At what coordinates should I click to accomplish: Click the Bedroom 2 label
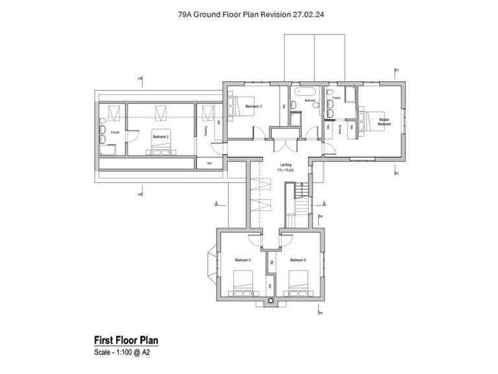click(x=160, y=137)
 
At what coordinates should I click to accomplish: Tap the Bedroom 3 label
click(x=253, y=106)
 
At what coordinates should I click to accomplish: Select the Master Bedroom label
click(x=384, y=121)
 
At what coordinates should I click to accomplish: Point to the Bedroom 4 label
click(x=242, y=260)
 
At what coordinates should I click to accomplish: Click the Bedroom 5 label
click(x=298, y=260)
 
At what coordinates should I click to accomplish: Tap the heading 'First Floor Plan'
click(x=126, y=340)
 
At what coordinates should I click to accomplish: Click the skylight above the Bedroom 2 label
click(x=160, y=114)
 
